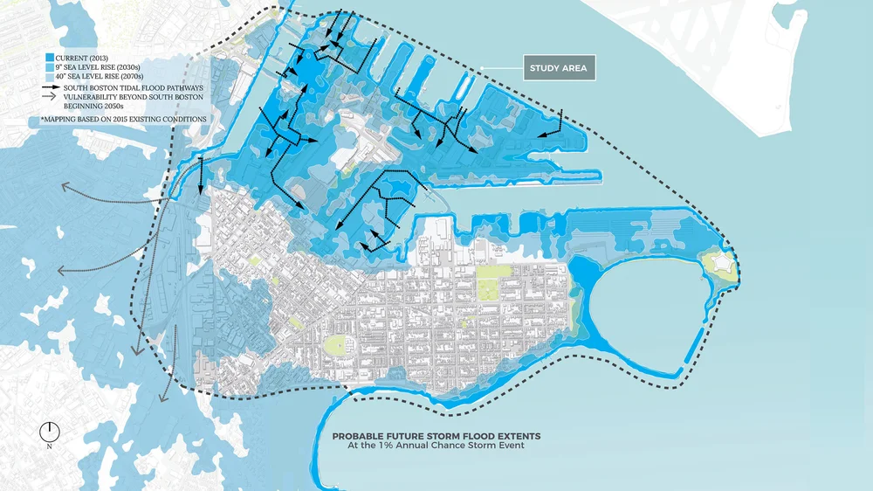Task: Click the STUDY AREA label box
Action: (x=560, y=68)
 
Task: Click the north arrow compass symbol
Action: (x=50, y=432)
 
